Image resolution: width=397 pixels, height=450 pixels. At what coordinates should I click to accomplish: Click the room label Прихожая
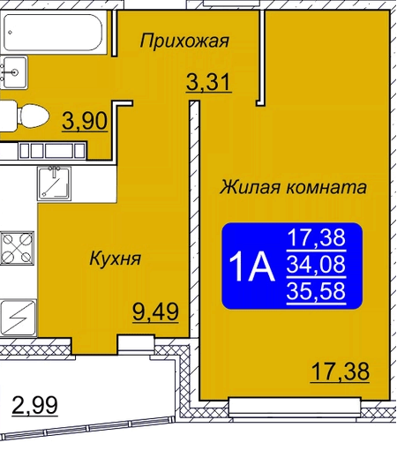pyautogui.click(x=184, y=41)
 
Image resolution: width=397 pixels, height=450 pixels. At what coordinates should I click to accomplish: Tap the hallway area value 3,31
pyautogui.click(x=208, y=82)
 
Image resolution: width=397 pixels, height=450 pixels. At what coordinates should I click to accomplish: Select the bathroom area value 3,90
pyautogui.click(x=85, y=121)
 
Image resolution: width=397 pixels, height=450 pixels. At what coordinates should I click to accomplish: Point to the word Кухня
pyautogui.click(x=116, y=259)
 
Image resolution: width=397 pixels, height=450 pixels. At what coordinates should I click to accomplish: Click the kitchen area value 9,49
pyautogui.click(x=155, y=311)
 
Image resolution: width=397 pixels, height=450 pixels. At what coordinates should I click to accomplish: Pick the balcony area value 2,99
pyautogui.click(x=34, y=405)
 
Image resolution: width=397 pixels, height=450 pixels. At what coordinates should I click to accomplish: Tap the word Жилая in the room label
pyautogui.click(x=250, y=187)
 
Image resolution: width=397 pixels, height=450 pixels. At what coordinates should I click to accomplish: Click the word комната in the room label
pyautogui.click(x=326, y=188)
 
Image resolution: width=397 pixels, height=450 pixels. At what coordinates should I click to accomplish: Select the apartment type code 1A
pyautogui.click(x=251, y=267)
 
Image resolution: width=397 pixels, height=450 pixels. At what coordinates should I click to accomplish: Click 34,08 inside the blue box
pyautogui.click(x=316, y=264)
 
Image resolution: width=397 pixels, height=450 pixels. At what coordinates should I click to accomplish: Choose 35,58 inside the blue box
pyautogui.click(x=316, y=290)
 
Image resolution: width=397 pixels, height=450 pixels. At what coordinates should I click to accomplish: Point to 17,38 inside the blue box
pyautogui.click(x=316, y=237)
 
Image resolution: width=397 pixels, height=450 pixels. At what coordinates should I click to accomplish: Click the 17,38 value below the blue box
pyautogui.click(x=341, y=371)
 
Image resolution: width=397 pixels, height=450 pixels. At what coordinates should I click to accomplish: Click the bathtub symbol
pyautogui.click(x=53, y=32)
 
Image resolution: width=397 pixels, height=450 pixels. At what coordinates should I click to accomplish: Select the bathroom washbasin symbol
pyautogui.click(x=14, y=72)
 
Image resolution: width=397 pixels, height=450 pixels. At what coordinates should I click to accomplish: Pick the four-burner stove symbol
pyautogui.click(x=17, y=248)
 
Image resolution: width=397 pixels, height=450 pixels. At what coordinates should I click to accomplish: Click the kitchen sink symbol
pyautogui.click(x=54, y=184)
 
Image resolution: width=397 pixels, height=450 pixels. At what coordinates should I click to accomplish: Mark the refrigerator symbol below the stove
pyautogui.click(x=18, y=318)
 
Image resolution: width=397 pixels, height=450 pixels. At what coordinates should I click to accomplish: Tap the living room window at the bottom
pyautogui.click(x=295, y=408)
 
